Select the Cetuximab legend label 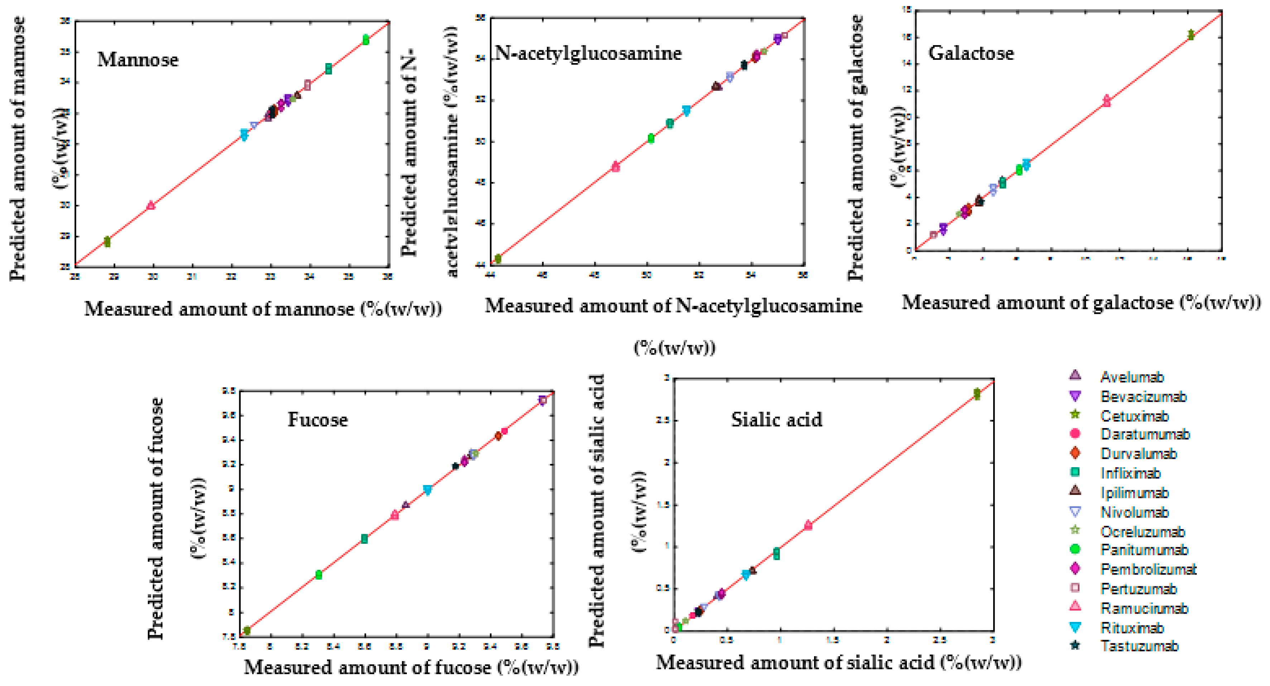[1134, 416]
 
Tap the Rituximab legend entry [1132, 628]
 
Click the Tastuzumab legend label [1139, 646]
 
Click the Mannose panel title [138, 60]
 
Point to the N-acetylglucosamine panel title [588, 53]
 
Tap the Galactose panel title [971, 53]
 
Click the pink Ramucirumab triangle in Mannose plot [151, 205]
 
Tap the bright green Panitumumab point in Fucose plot [318, 575]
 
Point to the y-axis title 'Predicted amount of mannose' [18, 148]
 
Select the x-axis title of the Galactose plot [1081, 302]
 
